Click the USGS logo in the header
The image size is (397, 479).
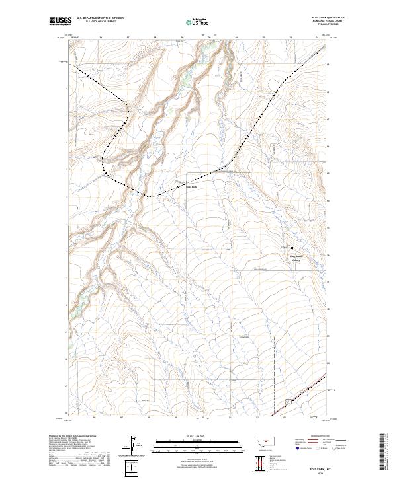(x=60, y=21)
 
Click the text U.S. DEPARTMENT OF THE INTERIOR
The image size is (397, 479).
(x=100, y=18)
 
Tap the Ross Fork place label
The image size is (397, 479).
(x=191, y=186)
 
